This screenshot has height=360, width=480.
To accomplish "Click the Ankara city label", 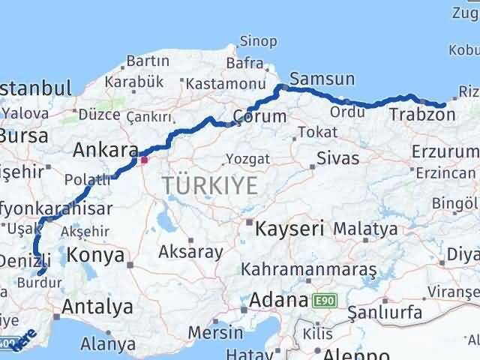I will pos(106,150).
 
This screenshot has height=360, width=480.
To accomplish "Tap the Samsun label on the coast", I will pos(322,79).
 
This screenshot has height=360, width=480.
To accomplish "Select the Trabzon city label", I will pos(422,115).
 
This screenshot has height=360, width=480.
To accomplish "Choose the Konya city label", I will pos(95,255).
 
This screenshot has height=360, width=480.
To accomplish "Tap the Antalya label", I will pos(97,306).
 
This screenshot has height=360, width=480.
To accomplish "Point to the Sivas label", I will pos(337,159).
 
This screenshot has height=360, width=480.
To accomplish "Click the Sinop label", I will pos(258,42).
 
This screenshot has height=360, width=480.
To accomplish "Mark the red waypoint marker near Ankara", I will pos(144,159).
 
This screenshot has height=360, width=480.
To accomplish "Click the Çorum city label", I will pos(259,116).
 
